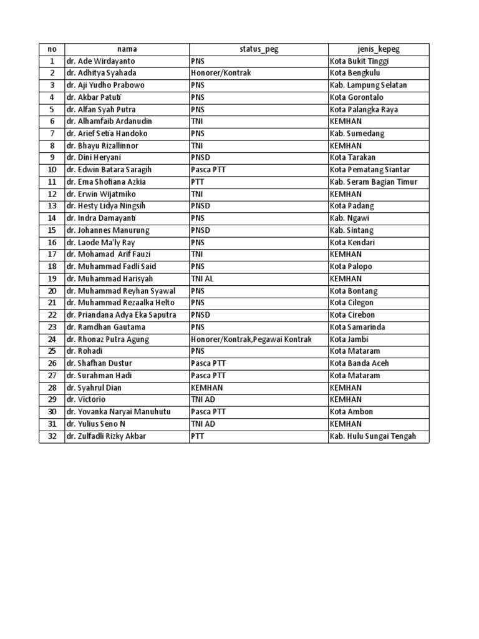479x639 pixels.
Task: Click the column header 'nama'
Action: click(x=127, y=49)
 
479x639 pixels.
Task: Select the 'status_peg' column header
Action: click(x=259, y=49)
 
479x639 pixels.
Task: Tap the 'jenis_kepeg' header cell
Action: click(x=379, y=49)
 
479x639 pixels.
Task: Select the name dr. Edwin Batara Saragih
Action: click(x=109, y=170)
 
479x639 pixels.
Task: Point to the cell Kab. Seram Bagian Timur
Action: click(x=373, y=182)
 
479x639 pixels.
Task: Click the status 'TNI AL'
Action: click(x=202, y=279)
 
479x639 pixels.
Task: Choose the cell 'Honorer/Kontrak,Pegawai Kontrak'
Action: click(x=251, y=339)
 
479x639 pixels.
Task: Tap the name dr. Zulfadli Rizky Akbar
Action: click(x=106, y=436)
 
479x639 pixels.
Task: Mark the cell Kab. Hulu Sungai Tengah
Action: click(x=372, y=436)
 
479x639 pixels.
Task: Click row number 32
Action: click(x=52, y=436)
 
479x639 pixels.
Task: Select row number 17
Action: click(x=52, y=255)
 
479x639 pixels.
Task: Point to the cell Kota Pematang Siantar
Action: click(x=369, y=170)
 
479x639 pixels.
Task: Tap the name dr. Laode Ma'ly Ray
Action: click(x=100, y=243)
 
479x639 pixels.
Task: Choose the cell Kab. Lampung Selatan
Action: click(x=368, y=85)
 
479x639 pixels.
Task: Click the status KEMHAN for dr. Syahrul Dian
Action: click(x=206, y=388)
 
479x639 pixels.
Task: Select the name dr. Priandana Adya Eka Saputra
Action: click(x=121, y=315)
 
